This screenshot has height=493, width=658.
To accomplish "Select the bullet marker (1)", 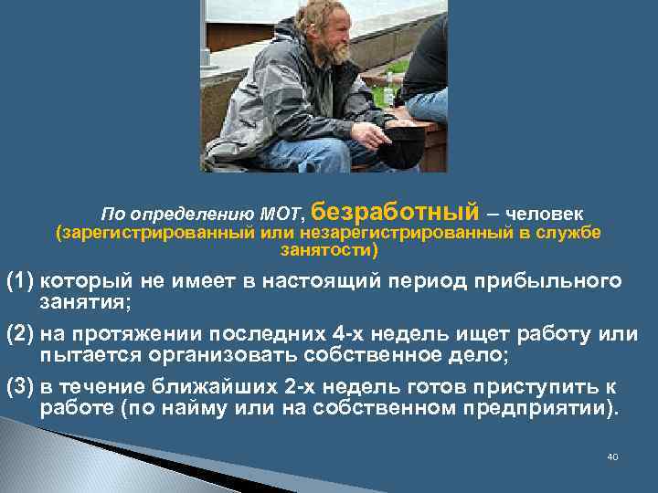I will (x=21, y=280).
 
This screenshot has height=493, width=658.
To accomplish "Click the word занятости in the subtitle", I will (x=326, y=248).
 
